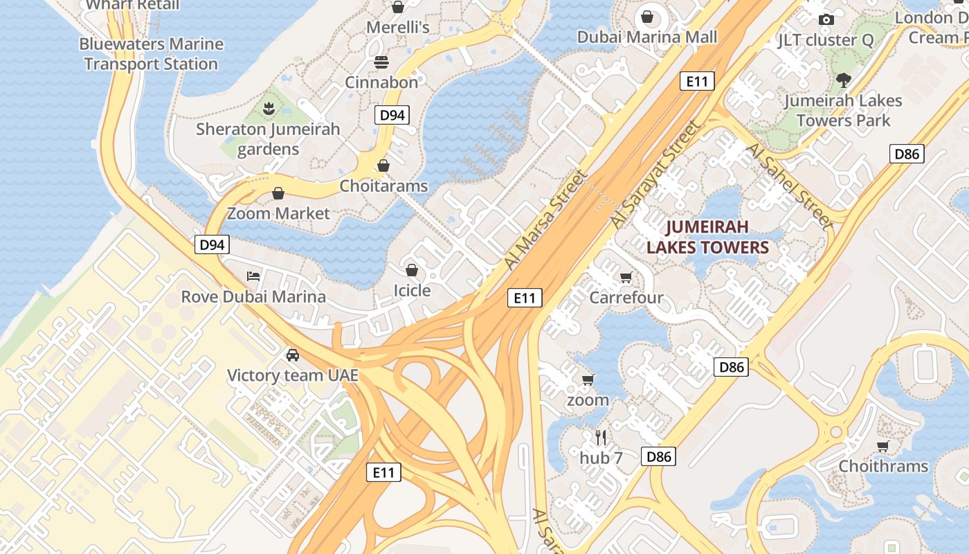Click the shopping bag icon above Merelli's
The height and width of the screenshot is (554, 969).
tap(398, 8)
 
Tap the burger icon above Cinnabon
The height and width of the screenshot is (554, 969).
tap(381, 62)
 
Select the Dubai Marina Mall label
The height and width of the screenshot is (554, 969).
tap(647, 37)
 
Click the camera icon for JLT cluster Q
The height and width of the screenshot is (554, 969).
tap(826, 20)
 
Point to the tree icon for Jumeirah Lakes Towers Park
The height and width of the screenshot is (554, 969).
tap(843, 80)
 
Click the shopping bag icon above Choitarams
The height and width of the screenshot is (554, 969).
tap(383, 166)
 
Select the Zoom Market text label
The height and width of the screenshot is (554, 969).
tap(278, 213)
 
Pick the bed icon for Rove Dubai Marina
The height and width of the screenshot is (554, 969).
tap(253, 276)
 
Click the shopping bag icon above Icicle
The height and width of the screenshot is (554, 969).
tap(412, 270)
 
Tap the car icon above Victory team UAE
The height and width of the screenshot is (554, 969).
tap(293, 355)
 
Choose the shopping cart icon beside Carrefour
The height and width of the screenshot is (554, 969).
tap(626, 278)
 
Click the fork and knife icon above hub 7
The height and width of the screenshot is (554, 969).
tap(601, 437)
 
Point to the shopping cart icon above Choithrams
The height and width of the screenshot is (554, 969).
tap(882, 446)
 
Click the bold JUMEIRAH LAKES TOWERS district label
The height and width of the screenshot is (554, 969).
tap(707, 238)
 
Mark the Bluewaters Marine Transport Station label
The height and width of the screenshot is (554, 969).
tap(151, 54)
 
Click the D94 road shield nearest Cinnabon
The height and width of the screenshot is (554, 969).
tap(392, 115)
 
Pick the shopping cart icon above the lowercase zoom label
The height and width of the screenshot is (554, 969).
tap(588, 379)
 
